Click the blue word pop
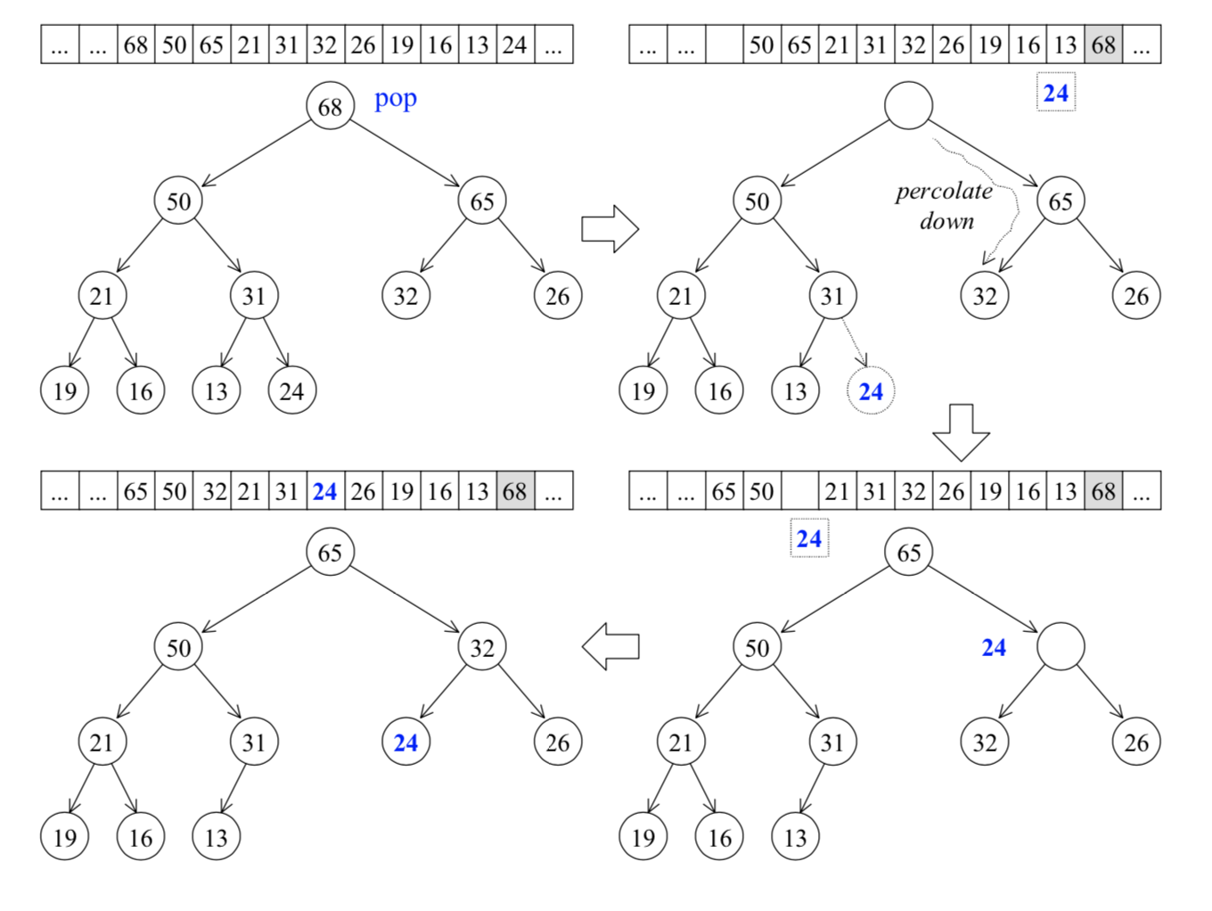pos(395,99)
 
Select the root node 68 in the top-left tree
pos(330,106)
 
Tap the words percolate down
pos(945,206)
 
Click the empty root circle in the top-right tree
pos(908,105)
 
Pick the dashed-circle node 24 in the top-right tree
pos(870,390)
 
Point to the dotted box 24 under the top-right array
pos(1056,93)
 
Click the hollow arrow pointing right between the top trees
pos(610,229)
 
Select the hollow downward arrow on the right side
pos(961,432)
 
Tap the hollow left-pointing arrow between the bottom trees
pos(610,646)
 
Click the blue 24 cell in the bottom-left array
pos(325,491)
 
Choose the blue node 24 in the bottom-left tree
pos(405,742)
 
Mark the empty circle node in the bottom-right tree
pos(1060,646)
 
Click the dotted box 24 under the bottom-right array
pos(809,538)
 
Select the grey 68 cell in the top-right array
pos(1103,45)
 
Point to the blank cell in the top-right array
pos(724,45)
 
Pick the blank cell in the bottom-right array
pos(799,491)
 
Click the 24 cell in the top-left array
pos(515,45)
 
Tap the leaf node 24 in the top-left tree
pos(291,390)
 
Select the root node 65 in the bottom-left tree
pos(330,552)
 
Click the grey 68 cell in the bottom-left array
pos(515,491)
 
